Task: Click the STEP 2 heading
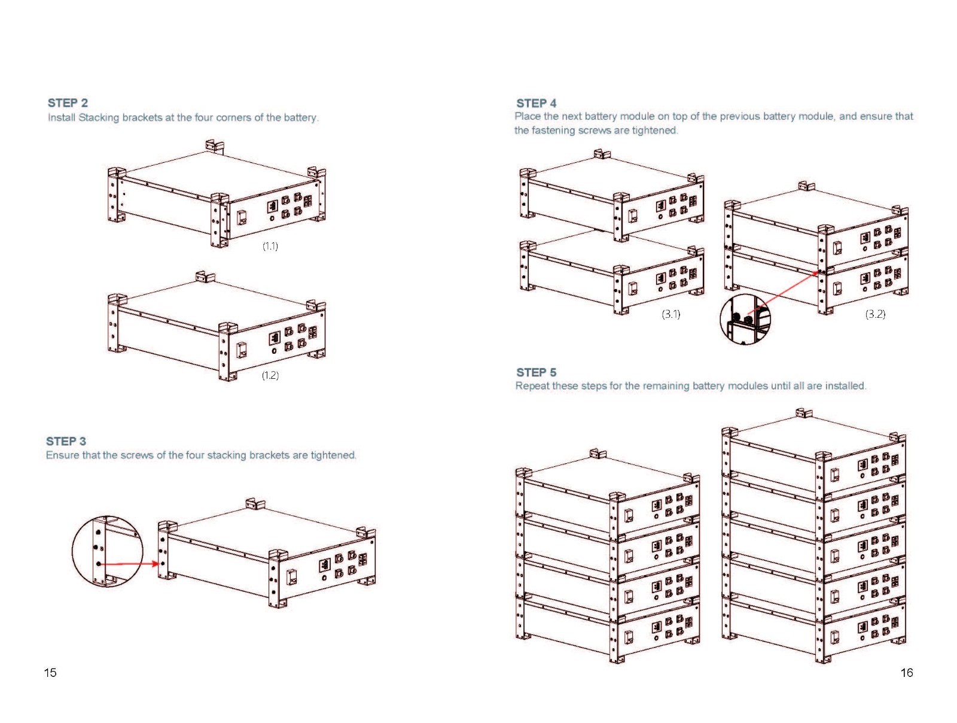[68, 103]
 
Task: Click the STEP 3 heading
[66, 441]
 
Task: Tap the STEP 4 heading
[537, 104]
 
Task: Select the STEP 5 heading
[537, 372]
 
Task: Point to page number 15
[50, 672]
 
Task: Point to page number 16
[906, 672]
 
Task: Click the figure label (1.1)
[270, 247]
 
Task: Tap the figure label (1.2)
[270, 375]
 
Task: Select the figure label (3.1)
[670, 314]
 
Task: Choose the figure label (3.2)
[875, 314]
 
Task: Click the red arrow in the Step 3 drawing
[129, 564]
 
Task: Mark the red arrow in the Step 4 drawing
[782, 291]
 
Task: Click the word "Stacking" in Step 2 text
[99, 118]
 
